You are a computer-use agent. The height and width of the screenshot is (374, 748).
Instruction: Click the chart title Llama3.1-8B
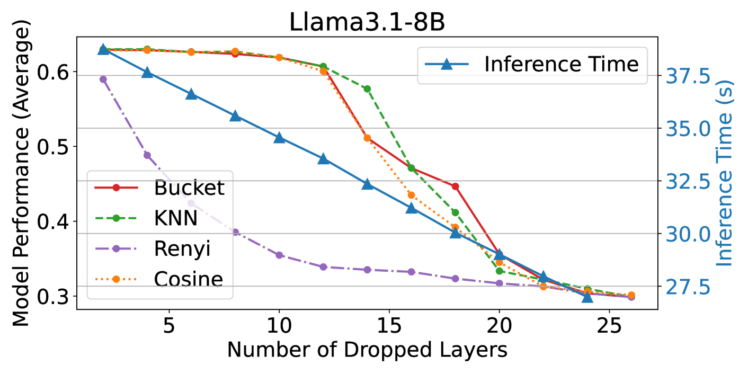pyautogui.click(x=367, y=22)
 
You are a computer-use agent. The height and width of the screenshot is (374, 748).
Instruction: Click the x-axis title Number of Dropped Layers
pyautogui.click(x=367, y=350)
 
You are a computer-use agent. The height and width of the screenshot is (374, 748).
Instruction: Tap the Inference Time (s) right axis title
pyautogui.click(x=725, y=174)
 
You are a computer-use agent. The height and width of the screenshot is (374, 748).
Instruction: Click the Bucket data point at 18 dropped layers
pyautogui.click(x=455, y=186)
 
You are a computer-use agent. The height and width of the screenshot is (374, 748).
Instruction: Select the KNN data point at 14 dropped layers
pyautogui.click(x=367, y=88)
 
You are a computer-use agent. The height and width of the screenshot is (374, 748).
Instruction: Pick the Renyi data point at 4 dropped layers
pyautogui.click(x=147, y=155)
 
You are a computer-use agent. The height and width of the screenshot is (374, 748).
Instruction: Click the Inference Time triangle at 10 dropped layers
pyautogui.click(x=279, y=138)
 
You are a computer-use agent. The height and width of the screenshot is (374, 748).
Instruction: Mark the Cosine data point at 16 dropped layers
pyautogui.click(x=411, y=195)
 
